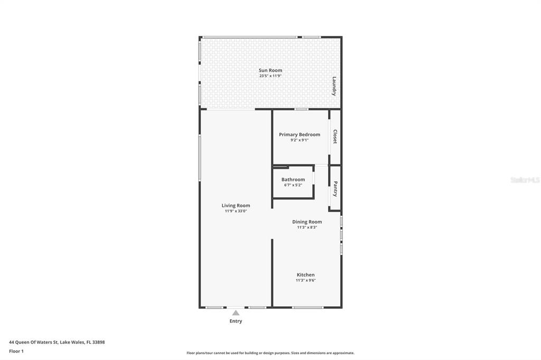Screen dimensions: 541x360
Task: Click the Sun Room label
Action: point(270,70)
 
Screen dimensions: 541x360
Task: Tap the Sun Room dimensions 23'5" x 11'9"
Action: point(270,76)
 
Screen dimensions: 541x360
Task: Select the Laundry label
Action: point(334,86)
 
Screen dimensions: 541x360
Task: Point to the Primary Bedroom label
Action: point(300,135)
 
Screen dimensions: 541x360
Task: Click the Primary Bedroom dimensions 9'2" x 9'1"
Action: point(300,140)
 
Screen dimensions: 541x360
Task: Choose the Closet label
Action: point(334,137)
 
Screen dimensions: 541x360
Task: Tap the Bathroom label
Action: point(293,179)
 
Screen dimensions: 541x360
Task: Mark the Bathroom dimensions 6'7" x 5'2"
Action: point(293,185)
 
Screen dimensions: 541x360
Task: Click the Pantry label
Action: point(335,189)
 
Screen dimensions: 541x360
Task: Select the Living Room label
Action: point(236,205)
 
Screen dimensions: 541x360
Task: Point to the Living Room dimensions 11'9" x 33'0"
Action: point(236,211)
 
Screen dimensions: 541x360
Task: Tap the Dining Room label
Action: point(307,222)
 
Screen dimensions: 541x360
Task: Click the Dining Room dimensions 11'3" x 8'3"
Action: point(307,227)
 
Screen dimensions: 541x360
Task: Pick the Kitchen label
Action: point(306,275)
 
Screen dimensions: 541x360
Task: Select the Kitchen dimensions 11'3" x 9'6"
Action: point(306,280)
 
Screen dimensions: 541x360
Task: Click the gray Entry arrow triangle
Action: point(236,313)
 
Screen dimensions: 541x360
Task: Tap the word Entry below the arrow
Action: point(236,321)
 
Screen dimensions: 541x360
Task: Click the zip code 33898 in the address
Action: point(99,343)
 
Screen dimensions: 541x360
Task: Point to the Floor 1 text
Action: point(16,352)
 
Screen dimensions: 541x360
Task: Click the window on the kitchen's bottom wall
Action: point(308,307)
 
